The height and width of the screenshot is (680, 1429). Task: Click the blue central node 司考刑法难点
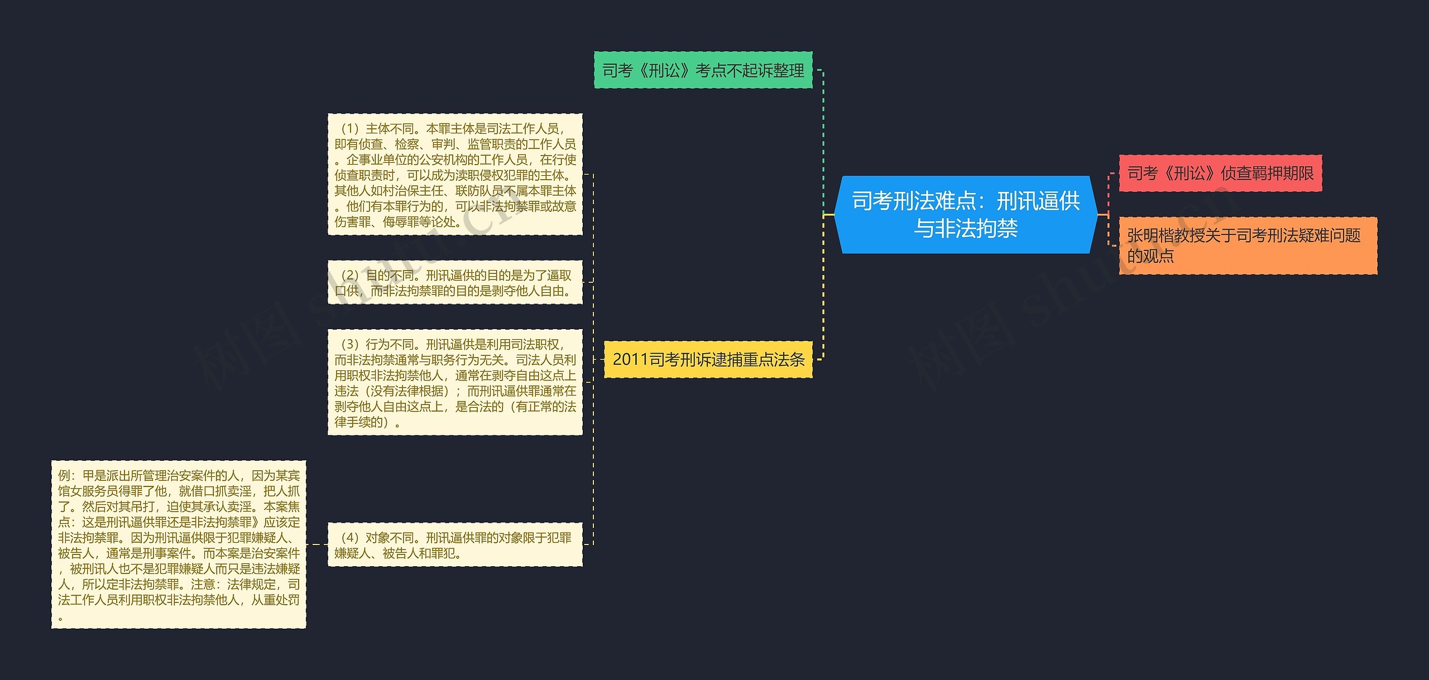coord(965,215)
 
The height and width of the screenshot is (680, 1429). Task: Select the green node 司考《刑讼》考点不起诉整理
coord(703,70)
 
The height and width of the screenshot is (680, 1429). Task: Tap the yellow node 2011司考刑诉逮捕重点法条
coord(708,359)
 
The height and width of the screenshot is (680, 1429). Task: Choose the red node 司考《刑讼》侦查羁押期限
coord(1220,173)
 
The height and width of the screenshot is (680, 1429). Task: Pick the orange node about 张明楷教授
coord(1248,245)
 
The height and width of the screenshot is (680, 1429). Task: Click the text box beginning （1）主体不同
coord(455,175)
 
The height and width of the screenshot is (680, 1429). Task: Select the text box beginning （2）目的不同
coord(455,283)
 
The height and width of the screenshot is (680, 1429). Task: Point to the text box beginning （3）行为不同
coord(455,382)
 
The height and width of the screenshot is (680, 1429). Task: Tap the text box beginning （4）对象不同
coord(455,545)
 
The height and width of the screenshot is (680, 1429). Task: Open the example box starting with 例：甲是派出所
coord(179,544)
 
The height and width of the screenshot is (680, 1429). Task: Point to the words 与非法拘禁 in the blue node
coord(965,229)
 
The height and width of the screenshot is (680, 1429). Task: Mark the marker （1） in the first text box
coord(349,129)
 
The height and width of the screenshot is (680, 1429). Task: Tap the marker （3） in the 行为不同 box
coord(349,344)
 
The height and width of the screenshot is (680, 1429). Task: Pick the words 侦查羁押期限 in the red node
coord(1267,173)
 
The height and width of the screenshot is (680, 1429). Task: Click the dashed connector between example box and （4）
coord(317,544)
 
